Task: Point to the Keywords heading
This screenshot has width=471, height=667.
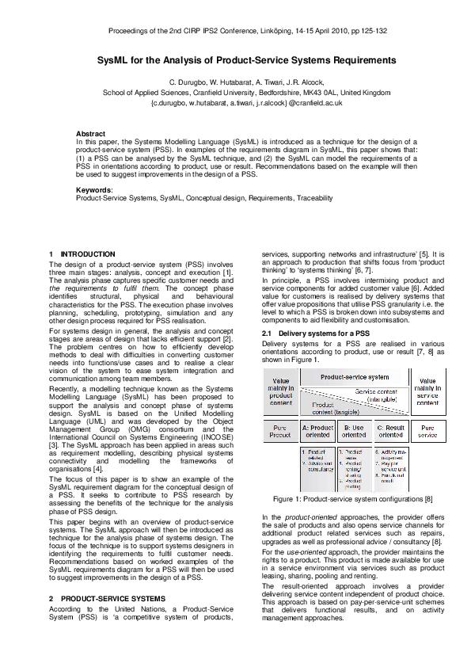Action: (x=93, y=190)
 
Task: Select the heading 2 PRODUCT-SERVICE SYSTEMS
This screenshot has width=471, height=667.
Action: (x=107, y=598)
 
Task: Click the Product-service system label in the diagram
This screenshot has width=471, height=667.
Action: (x=355, y=378)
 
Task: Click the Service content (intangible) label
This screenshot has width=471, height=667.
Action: (x=377, y=394)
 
